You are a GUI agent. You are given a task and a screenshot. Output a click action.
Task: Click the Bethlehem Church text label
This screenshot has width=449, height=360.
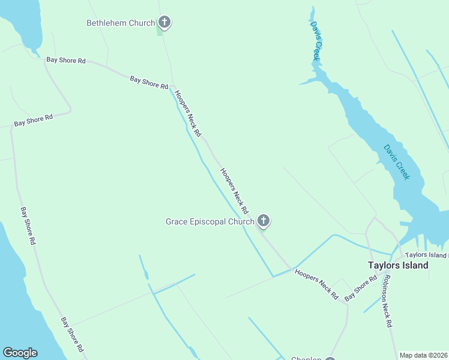coord(121,23)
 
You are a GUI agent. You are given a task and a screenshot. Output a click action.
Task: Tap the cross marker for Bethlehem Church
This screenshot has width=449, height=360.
coord(164,23)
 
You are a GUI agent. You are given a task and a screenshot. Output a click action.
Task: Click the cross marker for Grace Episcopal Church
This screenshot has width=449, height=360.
coord(263,221)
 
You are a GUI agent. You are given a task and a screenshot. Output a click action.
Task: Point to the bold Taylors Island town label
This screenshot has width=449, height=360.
coord(398,265)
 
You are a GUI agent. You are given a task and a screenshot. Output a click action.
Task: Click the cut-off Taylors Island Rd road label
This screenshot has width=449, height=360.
coord(426,255)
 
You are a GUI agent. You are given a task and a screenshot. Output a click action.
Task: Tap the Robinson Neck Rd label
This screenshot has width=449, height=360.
coord(387,301)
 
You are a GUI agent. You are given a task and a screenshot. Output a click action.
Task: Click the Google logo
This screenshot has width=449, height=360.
coord(20,353)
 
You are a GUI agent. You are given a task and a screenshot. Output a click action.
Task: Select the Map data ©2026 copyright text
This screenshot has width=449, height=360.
coord(424,355)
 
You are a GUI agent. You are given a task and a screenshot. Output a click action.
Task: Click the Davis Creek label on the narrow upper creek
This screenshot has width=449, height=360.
coord(315,41)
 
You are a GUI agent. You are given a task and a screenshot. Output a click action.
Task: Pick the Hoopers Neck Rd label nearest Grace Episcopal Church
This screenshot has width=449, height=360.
coord(234,191)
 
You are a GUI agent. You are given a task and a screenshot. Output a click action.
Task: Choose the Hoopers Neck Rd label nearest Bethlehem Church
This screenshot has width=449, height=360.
coord(187,113)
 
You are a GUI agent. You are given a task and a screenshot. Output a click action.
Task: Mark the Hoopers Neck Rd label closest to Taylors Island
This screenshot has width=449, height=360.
coord(316,284)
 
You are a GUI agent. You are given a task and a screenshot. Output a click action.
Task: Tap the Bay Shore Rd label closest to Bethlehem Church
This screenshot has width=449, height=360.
coord(149,82)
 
